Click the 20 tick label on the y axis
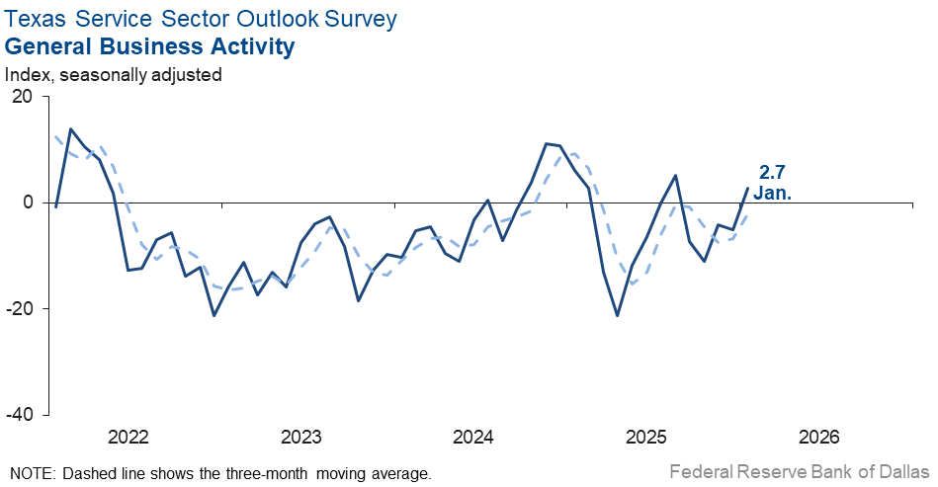tap(22, 96)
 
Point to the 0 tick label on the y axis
tap(28, 203)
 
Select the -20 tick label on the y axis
tap(20, 308)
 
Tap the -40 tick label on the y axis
tap(20, 415)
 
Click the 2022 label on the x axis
tap(128, 438)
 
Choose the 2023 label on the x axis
tap(300, 438)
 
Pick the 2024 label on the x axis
tap(473, 438)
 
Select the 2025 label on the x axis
tap(646, 438)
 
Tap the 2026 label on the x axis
tap(819, 438)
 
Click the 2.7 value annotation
tap(772, 172)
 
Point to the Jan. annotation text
tap(772, 193)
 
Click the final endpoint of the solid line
tap(747, 188)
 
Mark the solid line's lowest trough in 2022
tap(214, 315)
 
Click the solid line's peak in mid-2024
tap(547, 143)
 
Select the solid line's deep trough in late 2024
tap(618, 315)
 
